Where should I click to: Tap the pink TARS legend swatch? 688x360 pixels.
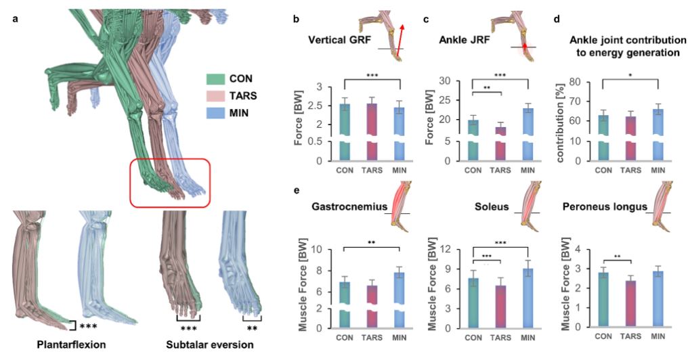tap(216, 95)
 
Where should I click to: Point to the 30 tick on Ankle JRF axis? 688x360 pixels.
tap(448, 81)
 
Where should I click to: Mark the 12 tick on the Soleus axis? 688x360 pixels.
tap(448, 249)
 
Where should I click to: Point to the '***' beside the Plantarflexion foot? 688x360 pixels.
tap(88, 327)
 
